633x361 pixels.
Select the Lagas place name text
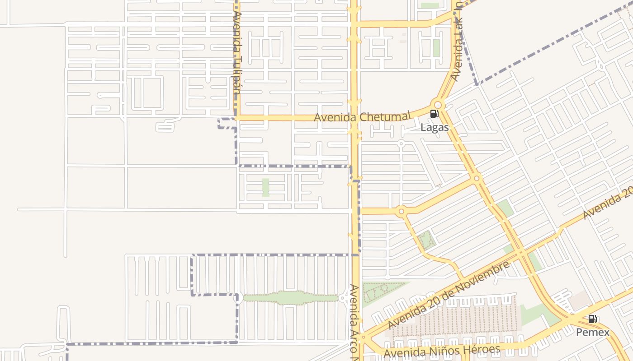(435, 128)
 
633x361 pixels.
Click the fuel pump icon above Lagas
(434, 114)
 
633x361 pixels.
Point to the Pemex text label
(592, 333)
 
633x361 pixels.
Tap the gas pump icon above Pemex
(592, 319)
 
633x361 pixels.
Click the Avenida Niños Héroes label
(442, 350)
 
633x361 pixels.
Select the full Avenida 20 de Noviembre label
(449, 295)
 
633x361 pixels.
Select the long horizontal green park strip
(290, 298)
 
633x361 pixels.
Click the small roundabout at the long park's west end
(236, 298)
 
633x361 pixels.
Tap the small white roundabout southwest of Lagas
(401, 143)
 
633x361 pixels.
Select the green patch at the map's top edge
(430, 5)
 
